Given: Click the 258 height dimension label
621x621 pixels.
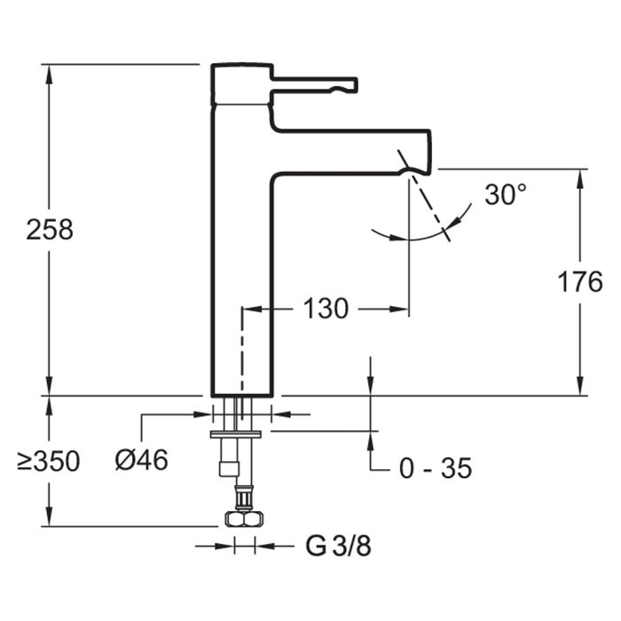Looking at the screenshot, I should point(50,230).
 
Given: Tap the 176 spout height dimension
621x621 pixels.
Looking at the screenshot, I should point(580,282).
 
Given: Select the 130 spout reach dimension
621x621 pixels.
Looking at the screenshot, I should point(326,310).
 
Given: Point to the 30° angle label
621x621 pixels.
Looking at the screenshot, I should point(507,195).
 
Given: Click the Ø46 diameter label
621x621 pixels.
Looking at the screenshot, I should point(142,460).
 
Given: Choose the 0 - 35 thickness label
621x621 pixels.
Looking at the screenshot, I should point(435,468).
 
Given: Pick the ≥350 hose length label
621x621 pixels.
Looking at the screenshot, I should point(50,461).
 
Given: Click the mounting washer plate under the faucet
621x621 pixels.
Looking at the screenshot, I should point(236,434).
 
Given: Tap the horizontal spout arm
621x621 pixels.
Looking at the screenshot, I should point(355,152).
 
